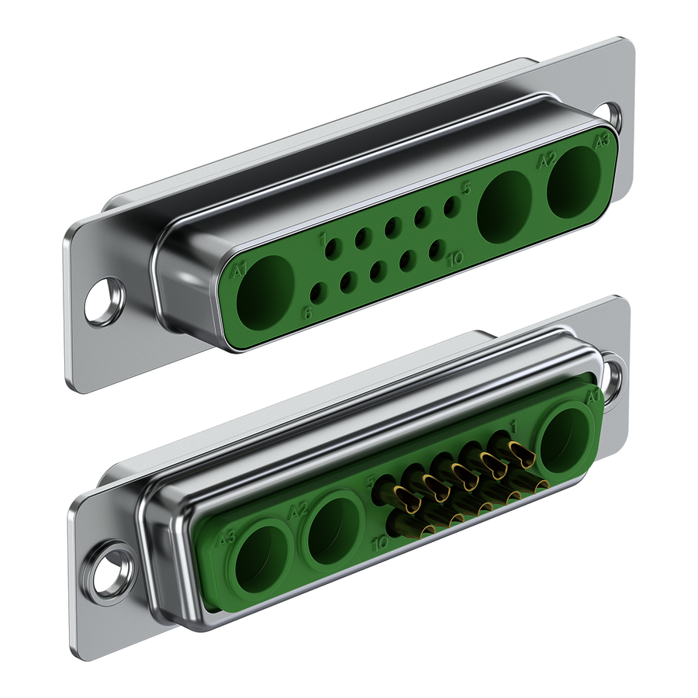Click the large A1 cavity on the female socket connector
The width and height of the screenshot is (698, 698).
click(268, 286)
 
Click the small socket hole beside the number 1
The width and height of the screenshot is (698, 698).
click(333, 248)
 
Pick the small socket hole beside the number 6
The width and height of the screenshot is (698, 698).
click(317, 292)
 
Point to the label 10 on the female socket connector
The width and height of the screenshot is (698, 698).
click(455, 257)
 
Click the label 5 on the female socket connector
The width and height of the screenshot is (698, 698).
click(466, 187)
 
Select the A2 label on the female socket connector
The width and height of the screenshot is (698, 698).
click(547, 161)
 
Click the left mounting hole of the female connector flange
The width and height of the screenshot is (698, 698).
click(104, 301)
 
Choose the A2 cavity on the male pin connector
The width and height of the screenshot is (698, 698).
click(334, 530)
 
